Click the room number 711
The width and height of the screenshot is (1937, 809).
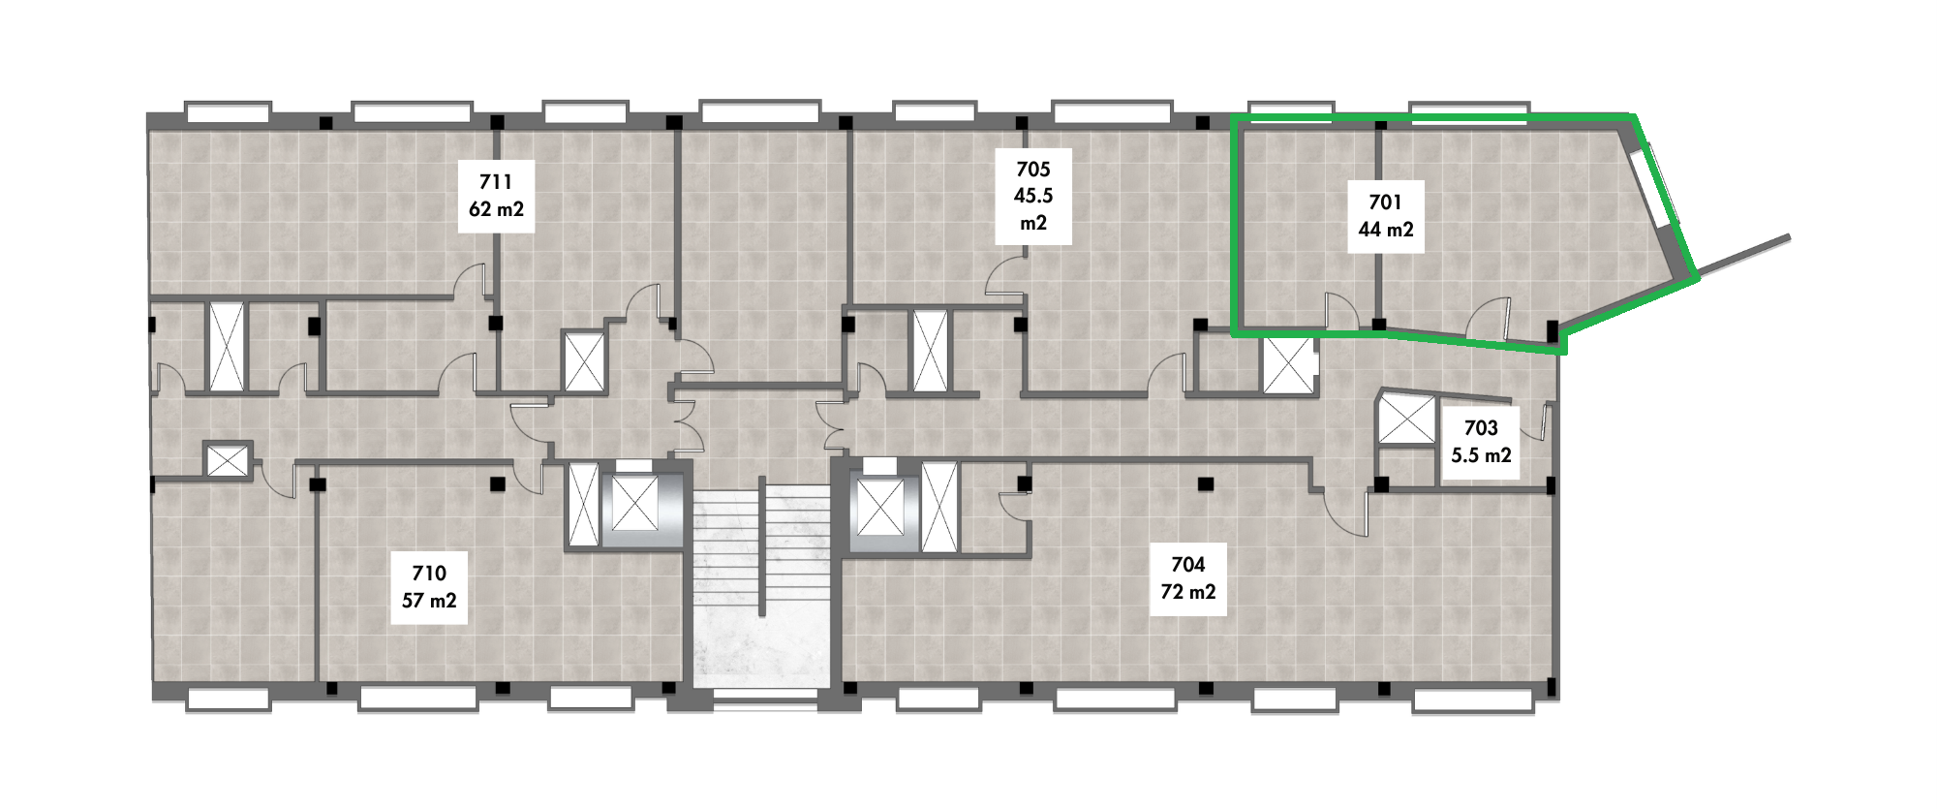pos(496,182)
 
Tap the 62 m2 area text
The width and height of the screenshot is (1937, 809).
pos(496,209)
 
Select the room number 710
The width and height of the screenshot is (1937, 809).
pos(429,574)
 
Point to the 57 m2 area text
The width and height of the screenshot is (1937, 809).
pos(429,601)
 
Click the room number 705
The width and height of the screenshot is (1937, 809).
pos(1033,170)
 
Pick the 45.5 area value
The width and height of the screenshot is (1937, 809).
pos(1033,196)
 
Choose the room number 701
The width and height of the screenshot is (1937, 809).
pos(1385,202)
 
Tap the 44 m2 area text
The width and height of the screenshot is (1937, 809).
pos(1385,230)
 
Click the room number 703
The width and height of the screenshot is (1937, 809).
pos(1481,428)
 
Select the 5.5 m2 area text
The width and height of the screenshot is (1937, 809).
pos(1481,455)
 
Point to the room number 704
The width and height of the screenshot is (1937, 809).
pos(1188,565)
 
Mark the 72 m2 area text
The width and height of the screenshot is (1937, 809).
pos(1188,592)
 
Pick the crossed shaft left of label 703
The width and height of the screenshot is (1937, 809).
pos(1406,419)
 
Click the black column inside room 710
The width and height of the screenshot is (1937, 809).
pos(498,483)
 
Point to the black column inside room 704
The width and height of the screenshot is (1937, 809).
pos(1206,483)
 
